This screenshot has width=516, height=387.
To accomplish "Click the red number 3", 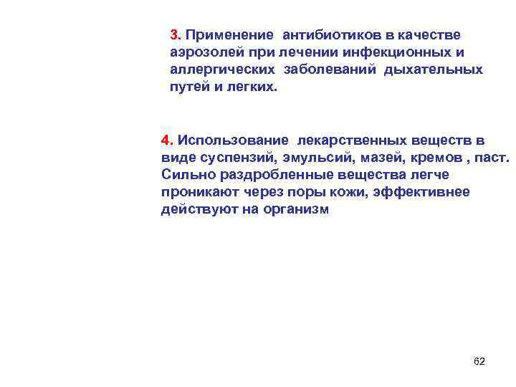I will [175, 35].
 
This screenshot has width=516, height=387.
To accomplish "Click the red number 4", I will [166, 139].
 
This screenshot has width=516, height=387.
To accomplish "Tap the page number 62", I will [479, 361].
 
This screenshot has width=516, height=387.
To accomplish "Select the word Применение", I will [229, 35].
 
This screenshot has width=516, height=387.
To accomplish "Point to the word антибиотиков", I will [325, 35].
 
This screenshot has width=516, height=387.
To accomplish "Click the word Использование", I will [233, 139].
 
